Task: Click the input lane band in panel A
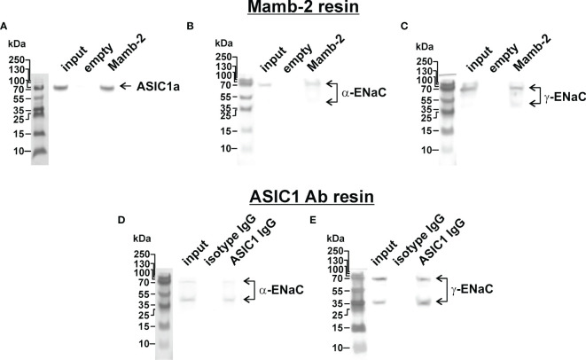pyautogui.click(x=61, y=87)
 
